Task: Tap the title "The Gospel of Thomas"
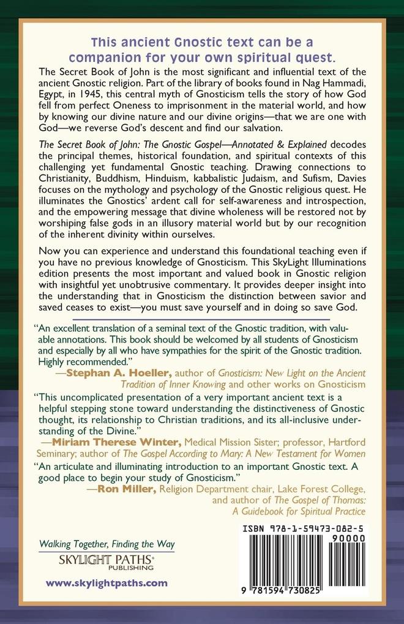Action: (321, 499)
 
